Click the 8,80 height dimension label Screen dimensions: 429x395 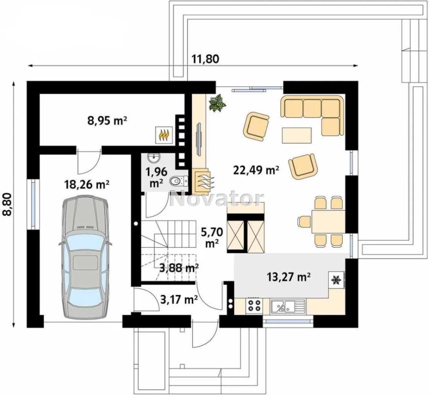coord(7,204)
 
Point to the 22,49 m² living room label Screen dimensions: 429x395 coord(256,170)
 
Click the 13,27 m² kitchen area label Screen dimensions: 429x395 coord(288,277)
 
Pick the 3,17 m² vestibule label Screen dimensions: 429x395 coord(179,300)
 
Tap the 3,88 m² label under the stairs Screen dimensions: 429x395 coord(179,268)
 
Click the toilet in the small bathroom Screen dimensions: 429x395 coord(179,180)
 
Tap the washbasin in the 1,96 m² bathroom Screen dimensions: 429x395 coord(154,158)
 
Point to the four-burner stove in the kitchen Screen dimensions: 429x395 coord(254,306)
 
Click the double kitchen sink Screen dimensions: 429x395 coord(288,306)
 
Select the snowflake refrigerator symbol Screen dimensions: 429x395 coord(336,280)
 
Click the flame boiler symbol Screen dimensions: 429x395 coord(163,135)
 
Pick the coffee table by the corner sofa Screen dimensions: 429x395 coord(297,135)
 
